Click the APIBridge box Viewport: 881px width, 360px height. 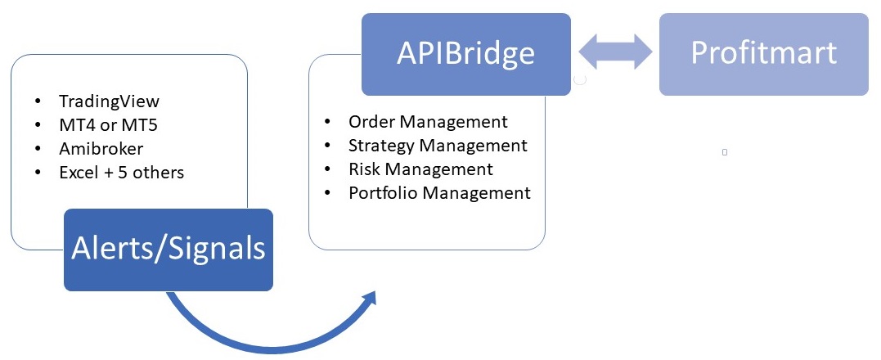coord(465,53)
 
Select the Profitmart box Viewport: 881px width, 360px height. coord(763,53)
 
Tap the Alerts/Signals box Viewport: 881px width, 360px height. coord(169,249)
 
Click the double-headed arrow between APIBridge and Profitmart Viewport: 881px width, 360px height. coord(615,53)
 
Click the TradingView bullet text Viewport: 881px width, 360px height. coord(109,101)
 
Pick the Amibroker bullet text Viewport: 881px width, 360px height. coord(100,149)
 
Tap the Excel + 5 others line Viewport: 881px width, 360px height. coord(121,173)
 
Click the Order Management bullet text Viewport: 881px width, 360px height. coord(428,122)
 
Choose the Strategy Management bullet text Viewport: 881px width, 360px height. coord(438,146)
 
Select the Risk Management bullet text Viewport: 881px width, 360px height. coord(420,169)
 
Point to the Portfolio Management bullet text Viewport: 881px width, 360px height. coord(439,193)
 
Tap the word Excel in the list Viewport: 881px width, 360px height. coord(77,173)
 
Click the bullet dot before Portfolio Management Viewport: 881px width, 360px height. coord(328,193)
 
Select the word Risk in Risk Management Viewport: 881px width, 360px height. coord(365,169)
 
